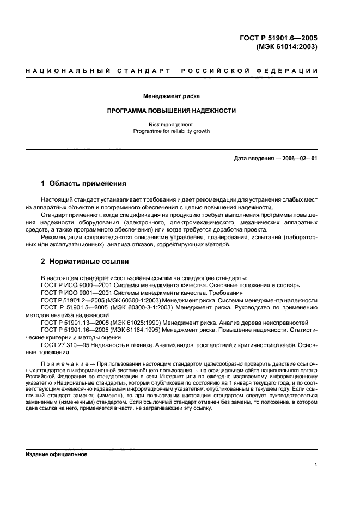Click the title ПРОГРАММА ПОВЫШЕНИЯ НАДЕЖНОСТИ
(172, 111)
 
